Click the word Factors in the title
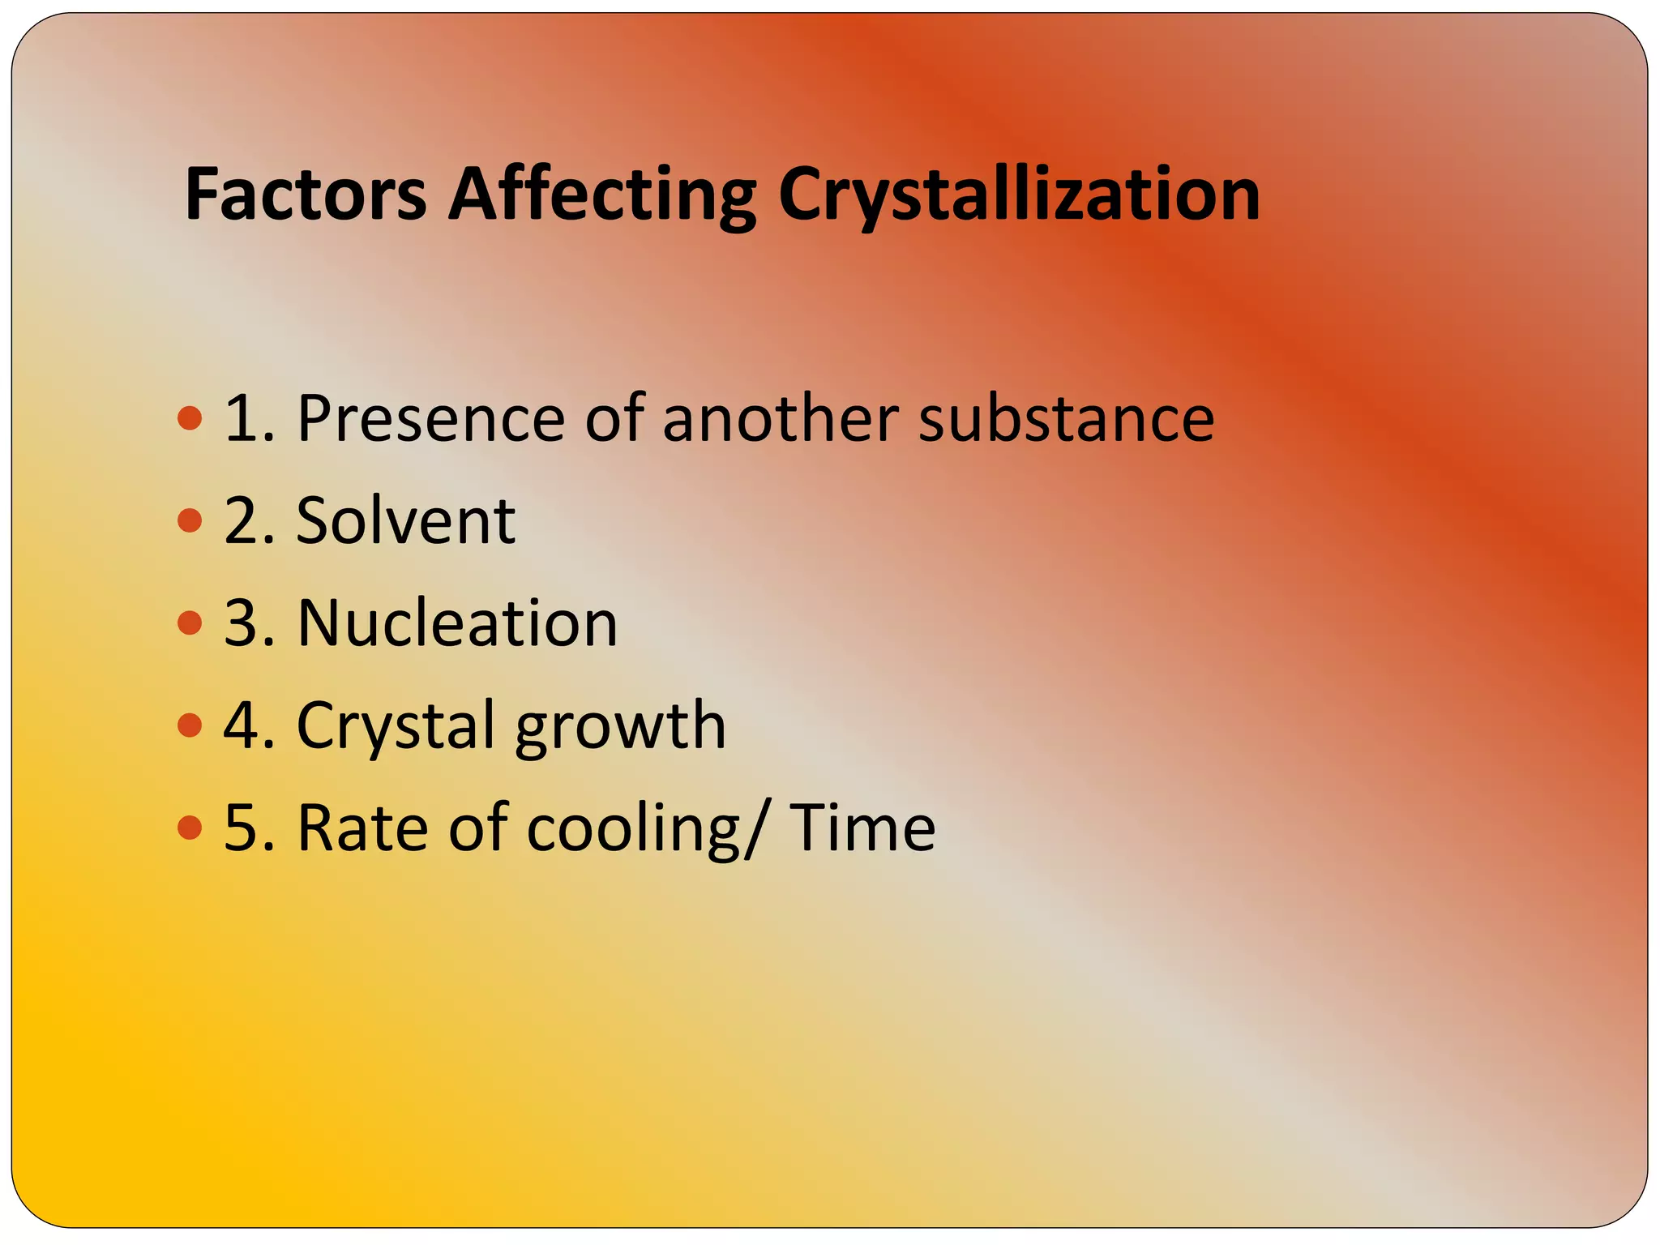[x=306, y=195]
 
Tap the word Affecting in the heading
[x=602, y=195]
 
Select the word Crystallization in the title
[x=1019, y=195]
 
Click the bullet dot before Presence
[x=189, y=418]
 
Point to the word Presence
[x=430, y=418]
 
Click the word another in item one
[x=779, y=418]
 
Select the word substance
[x=1065, y=418]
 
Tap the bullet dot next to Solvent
[x=189, y=520]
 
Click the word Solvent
[x=405, y=520]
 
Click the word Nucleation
[x=457, y=623]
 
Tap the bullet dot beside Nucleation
[x=189, y=623]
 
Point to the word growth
[x=619, y=725]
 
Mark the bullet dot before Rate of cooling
[x=189, y=828]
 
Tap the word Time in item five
[x=862, y=828]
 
